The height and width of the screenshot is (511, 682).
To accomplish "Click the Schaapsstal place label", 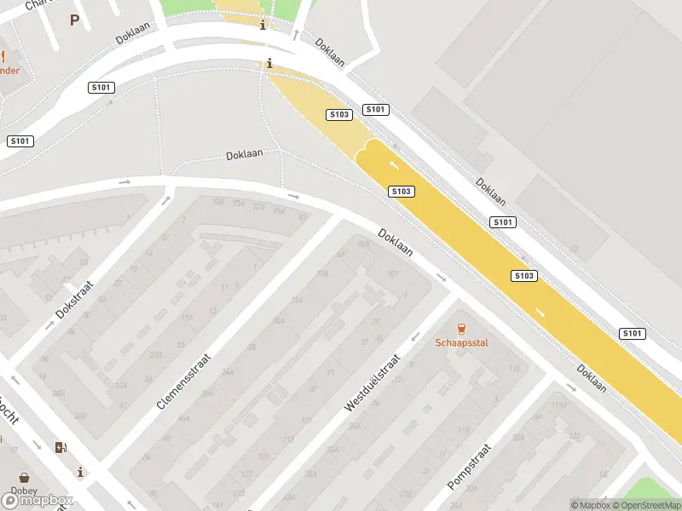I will coord(461,344).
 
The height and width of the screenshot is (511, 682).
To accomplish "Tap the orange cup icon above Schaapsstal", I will coord(461,329).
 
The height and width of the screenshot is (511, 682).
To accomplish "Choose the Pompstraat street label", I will coord(470,466).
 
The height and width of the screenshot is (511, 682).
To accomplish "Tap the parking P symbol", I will coord(74,20).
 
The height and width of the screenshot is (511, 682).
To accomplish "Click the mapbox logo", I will coord(38,500).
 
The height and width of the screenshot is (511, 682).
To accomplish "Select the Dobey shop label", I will coord(23,492).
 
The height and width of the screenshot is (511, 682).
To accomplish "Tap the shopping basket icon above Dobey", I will coord(24,478).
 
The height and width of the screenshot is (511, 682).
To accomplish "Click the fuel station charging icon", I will coord(60,447).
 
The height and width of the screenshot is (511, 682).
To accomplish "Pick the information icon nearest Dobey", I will coord(80,471).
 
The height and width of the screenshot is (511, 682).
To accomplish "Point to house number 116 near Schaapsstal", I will coord(514,368).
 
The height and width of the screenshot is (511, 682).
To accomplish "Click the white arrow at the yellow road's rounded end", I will coord(394,164).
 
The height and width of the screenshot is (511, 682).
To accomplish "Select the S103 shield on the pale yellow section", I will coord(339,114).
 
